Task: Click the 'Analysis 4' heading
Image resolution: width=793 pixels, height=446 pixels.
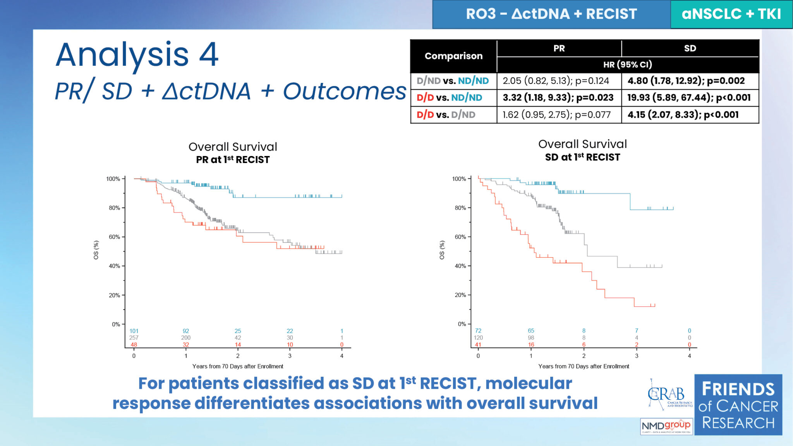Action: click(x=137, y=55)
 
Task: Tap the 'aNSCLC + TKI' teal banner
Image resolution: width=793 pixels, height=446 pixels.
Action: click(x=731, y=14)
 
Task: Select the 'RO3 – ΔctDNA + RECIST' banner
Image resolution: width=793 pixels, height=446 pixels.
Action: click(x=551, y=14)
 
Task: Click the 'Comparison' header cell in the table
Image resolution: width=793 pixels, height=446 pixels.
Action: click(x=453, y=56)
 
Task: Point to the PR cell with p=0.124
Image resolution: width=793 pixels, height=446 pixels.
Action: click(x=559, y=81)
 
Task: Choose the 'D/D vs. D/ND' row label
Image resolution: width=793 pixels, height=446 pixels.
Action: click(x=446, y=115)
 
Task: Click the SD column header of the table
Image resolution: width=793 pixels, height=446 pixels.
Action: click(x=690, y=48)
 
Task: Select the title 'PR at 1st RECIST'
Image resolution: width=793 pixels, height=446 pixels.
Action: click(x=233, y=160)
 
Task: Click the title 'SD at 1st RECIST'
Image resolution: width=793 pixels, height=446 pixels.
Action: click(x=582, y=157)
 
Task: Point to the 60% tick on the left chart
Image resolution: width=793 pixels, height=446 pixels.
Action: click(x=115, y=237)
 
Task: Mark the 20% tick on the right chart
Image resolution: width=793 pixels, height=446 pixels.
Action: click(x=460, y=295)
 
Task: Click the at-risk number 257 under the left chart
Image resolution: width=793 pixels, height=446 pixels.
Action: click(x=134, y=338)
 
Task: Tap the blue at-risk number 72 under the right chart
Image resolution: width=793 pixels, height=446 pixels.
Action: click(x=478, y=331)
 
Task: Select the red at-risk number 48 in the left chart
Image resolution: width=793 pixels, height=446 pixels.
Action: click(x=134, y=345)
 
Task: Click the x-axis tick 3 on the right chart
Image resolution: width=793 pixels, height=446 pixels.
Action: click(x=636, y=356)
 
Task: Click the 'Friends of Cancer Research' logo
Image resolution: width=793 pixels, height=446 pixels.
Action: click(x=738, y=405)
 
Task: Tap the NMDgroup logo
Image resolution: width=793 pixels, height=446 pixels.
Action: click(x=666, y=426)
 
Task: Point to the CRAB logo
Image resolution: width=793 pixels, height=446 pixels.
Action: click(x=668, y=395)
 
